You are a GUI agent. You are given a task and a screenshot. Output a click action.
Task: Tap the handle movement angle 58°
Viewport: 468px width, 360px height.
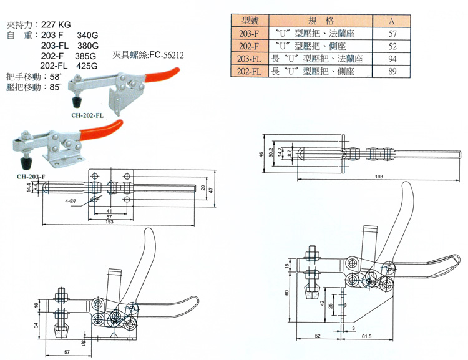pos(56,76)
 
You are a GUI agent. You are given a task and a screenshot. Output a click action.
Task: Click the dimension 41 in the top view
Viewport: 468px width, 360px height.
pos(109,212)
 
